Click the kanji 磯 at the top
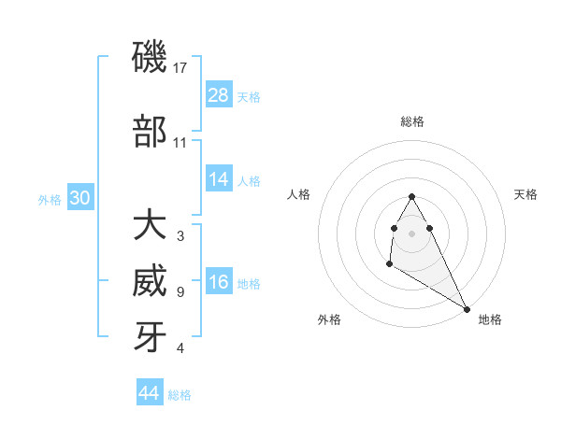pyautogui.click(x=151, y=58)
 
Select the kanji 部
pyautogui.click(x=151, y=132)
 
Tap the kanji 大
pyautogui.click(x=151, y=226)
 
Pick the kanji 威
pyautogui.click(x=151, y=282)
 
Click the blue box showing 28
pyautogui.click(x=219, y=94)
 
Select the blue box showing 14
pyautogui.click(x=219, y=179)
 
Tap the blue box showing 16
pyautogui.click(x=219, y=283)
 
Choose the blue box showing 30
pyautogui.click(x=79, y=198)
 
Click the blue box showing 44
pyautogui.click(x=150, y=393)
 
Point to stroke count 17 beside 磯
pyautogui.click(x=180, y=68)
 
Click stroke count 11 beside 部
pyautogui.click(x=180, y=143)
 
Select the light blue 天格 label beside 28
pyautogui.click(x=249, y=96)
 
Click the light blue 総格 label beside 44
pyautogui.click(x=180, y=395)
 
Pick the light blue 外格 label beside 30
pyautogui.click(x=50, y=200)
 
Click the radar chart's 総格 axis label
pyautogui.click(x=412, y=121)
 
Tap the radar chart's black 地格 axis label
pyautogui.click(x=490, y=319)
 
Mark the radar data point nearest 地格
pyautogui.click(x=467, y=308)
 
